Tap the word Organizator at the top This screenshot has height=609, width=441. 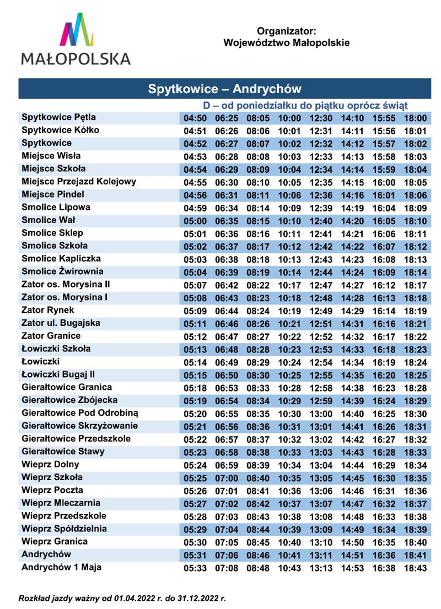click(286, 32)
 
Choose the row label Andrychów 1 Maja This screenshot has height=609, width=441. click(61, 567)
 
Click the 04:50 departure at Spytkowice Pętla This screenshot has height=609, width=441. click(195, 118)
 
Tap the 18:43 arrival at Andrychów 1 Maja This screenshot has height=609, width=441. click(416, 568)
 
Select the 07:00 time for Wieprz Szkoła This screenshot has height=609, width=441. click(226, 478)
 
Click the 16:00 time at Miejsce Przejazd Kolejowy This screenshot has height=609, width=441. click(384, 182)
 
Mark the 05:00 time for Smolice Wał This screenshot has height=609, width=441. click(195, 221)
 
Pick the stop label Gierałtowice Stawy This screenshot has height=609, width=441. click(63, 452)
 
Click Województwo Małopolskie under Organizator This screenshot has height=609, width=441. click(287, 42)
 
